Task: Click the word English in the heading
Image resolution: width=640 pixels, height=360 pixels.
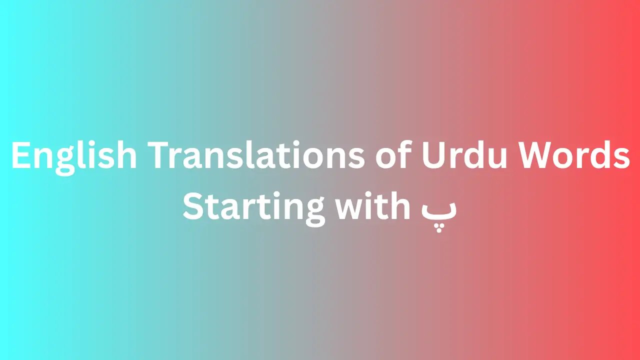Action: [x=74, y=156]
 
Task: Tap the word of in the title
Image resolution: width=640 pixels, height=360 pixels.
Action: [x=392, y=156]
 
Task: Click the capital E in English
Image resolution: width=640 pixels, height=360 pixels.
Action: [x=20, y=156]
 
